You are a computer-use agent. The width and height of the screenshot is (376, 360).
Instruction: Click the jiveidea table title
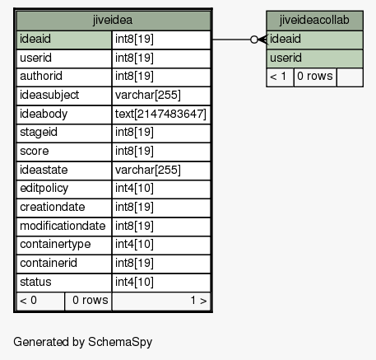[x=113, y=20]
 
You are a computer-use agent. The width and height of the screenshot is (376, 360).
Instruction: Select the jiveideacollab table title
[x=314, y=20]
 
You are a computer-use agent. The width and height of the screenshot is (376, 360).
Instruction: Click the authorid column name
[x=41, y=76]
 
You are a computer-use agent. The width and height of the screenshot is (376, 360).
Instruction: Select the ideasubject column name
[x=49, y=95]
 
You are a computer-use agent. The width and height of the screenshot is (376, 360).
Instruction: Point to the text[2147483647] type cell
[x=160, y=114]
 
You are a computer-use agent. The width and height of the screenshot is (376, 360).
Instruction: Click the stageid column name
[x=39, y=132]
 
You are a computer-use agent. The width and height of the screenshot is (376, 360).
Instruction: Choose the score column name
[x=35, y=151]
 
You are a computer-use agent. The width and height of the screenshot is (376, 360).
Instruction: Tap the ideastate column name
[x=44, y=170]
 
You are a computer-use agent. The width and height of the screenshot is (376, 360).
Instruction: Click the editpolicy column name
[x=44, y=189]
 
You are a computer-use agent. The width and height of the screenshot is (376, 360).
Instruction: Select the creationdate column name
[x=53, y=207]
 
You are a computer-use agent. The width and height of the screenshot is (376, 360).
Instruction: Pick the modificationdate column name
[x=63, y=226]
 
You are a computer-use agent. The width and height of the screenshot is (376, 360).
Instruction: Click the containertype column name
[x=55, y=245]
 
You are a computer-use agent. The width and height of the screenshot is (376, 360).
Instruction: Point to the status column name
[x=35, y=282]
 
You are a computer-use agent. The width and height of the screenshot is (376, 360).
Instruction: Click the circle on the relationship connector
[x=254, y=40]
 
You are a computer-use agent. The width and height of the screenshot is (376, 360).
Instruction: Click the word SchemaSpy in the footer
[x=120, y=342]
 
